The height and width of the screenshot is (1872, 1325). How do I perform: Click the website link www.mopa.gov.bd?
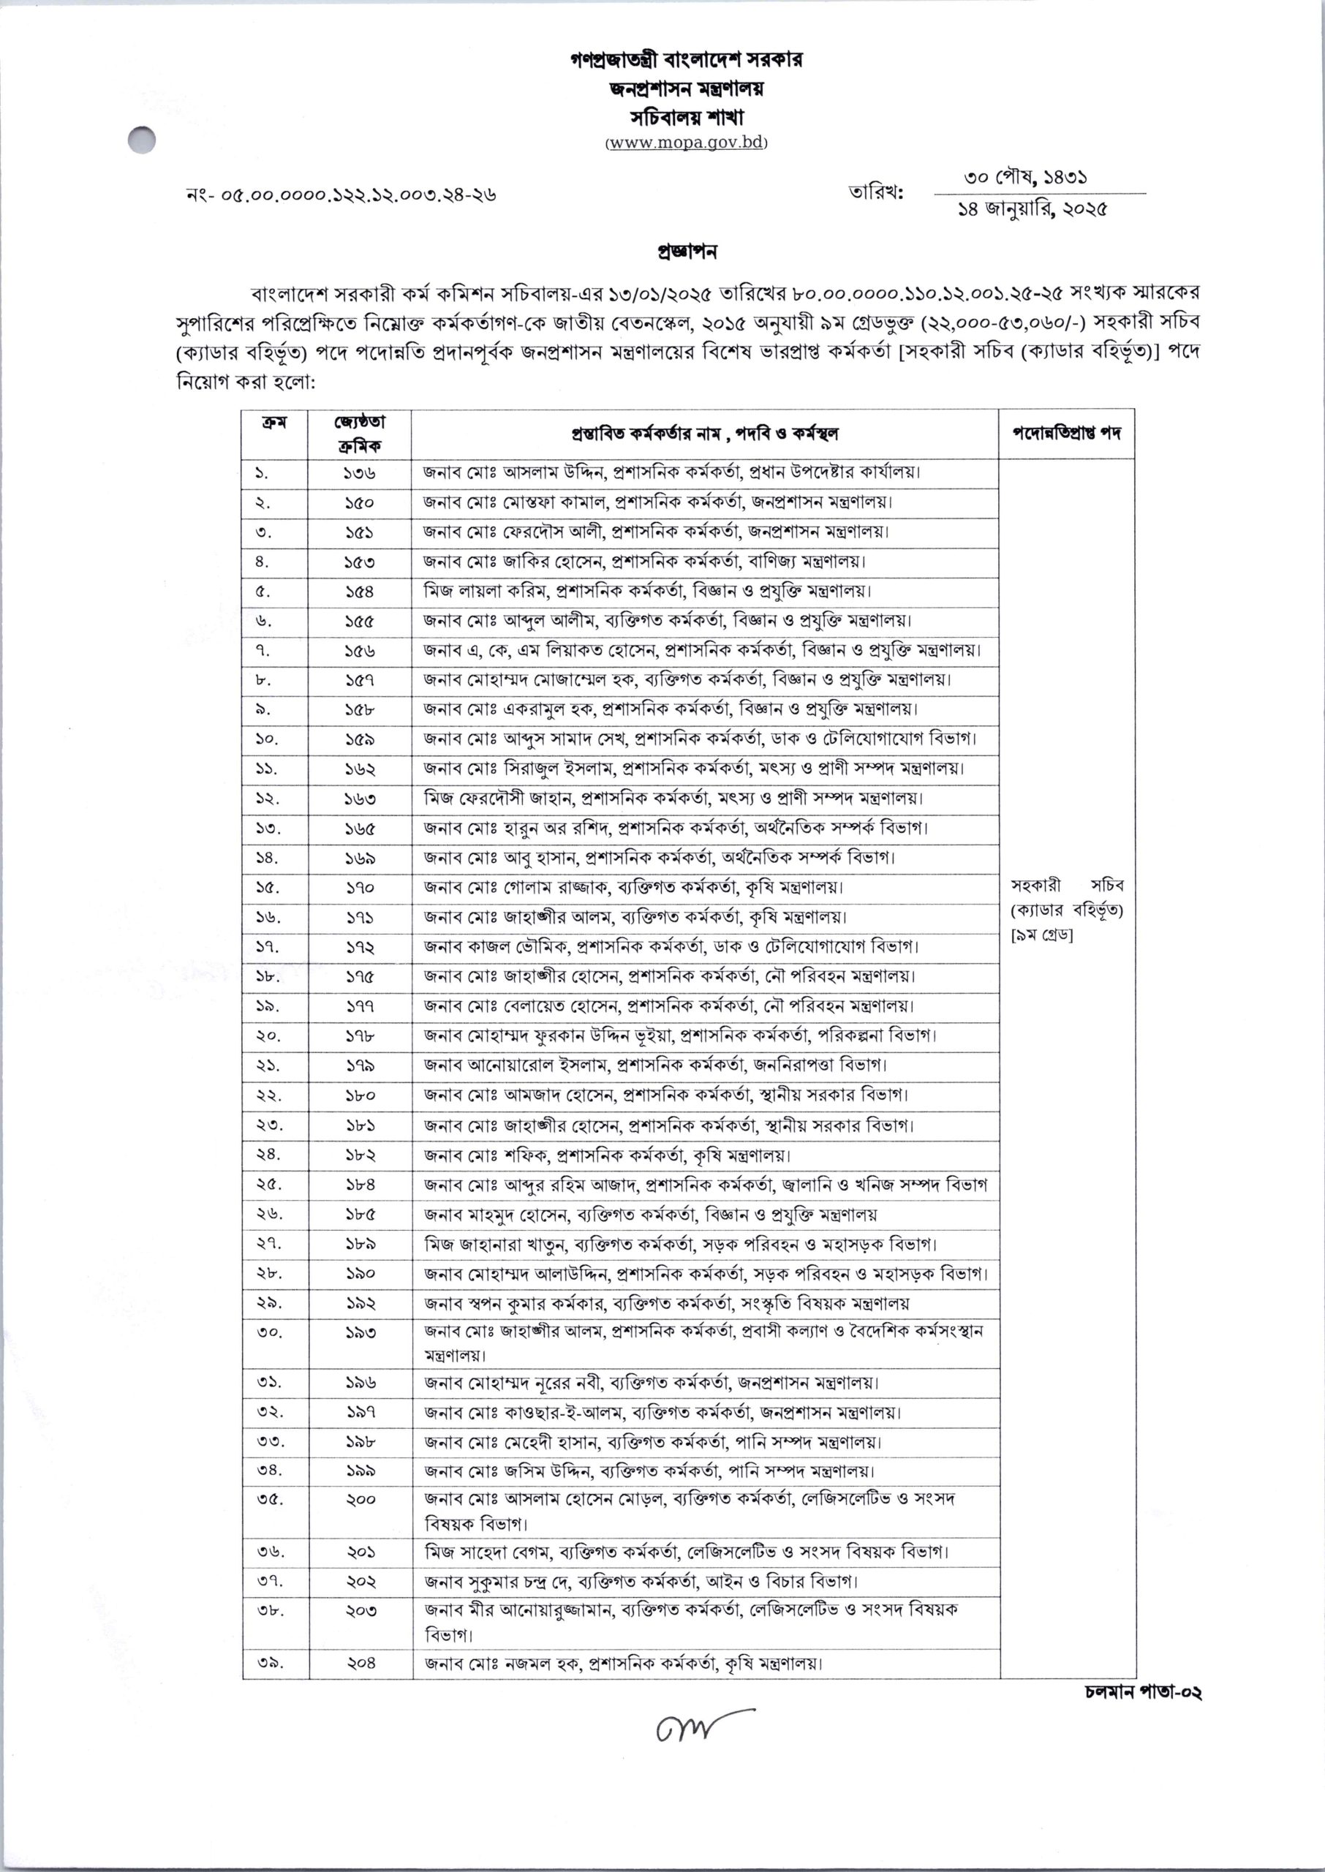click(x=685, y=143)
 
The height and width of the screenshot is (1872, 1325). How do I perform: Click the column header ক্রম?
click(x=273, y=423)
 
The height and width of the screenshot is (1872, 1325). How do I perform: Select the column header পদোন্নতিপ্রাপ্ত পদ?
click(x=1066, y=432)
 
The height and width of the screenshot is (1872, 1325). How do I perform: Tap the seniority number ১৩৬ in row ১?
click(x=359, y=473)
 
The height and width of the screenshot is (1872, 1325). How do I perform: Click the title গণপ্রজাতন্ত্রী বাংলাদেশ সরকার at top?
click(x=686, y=61)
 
